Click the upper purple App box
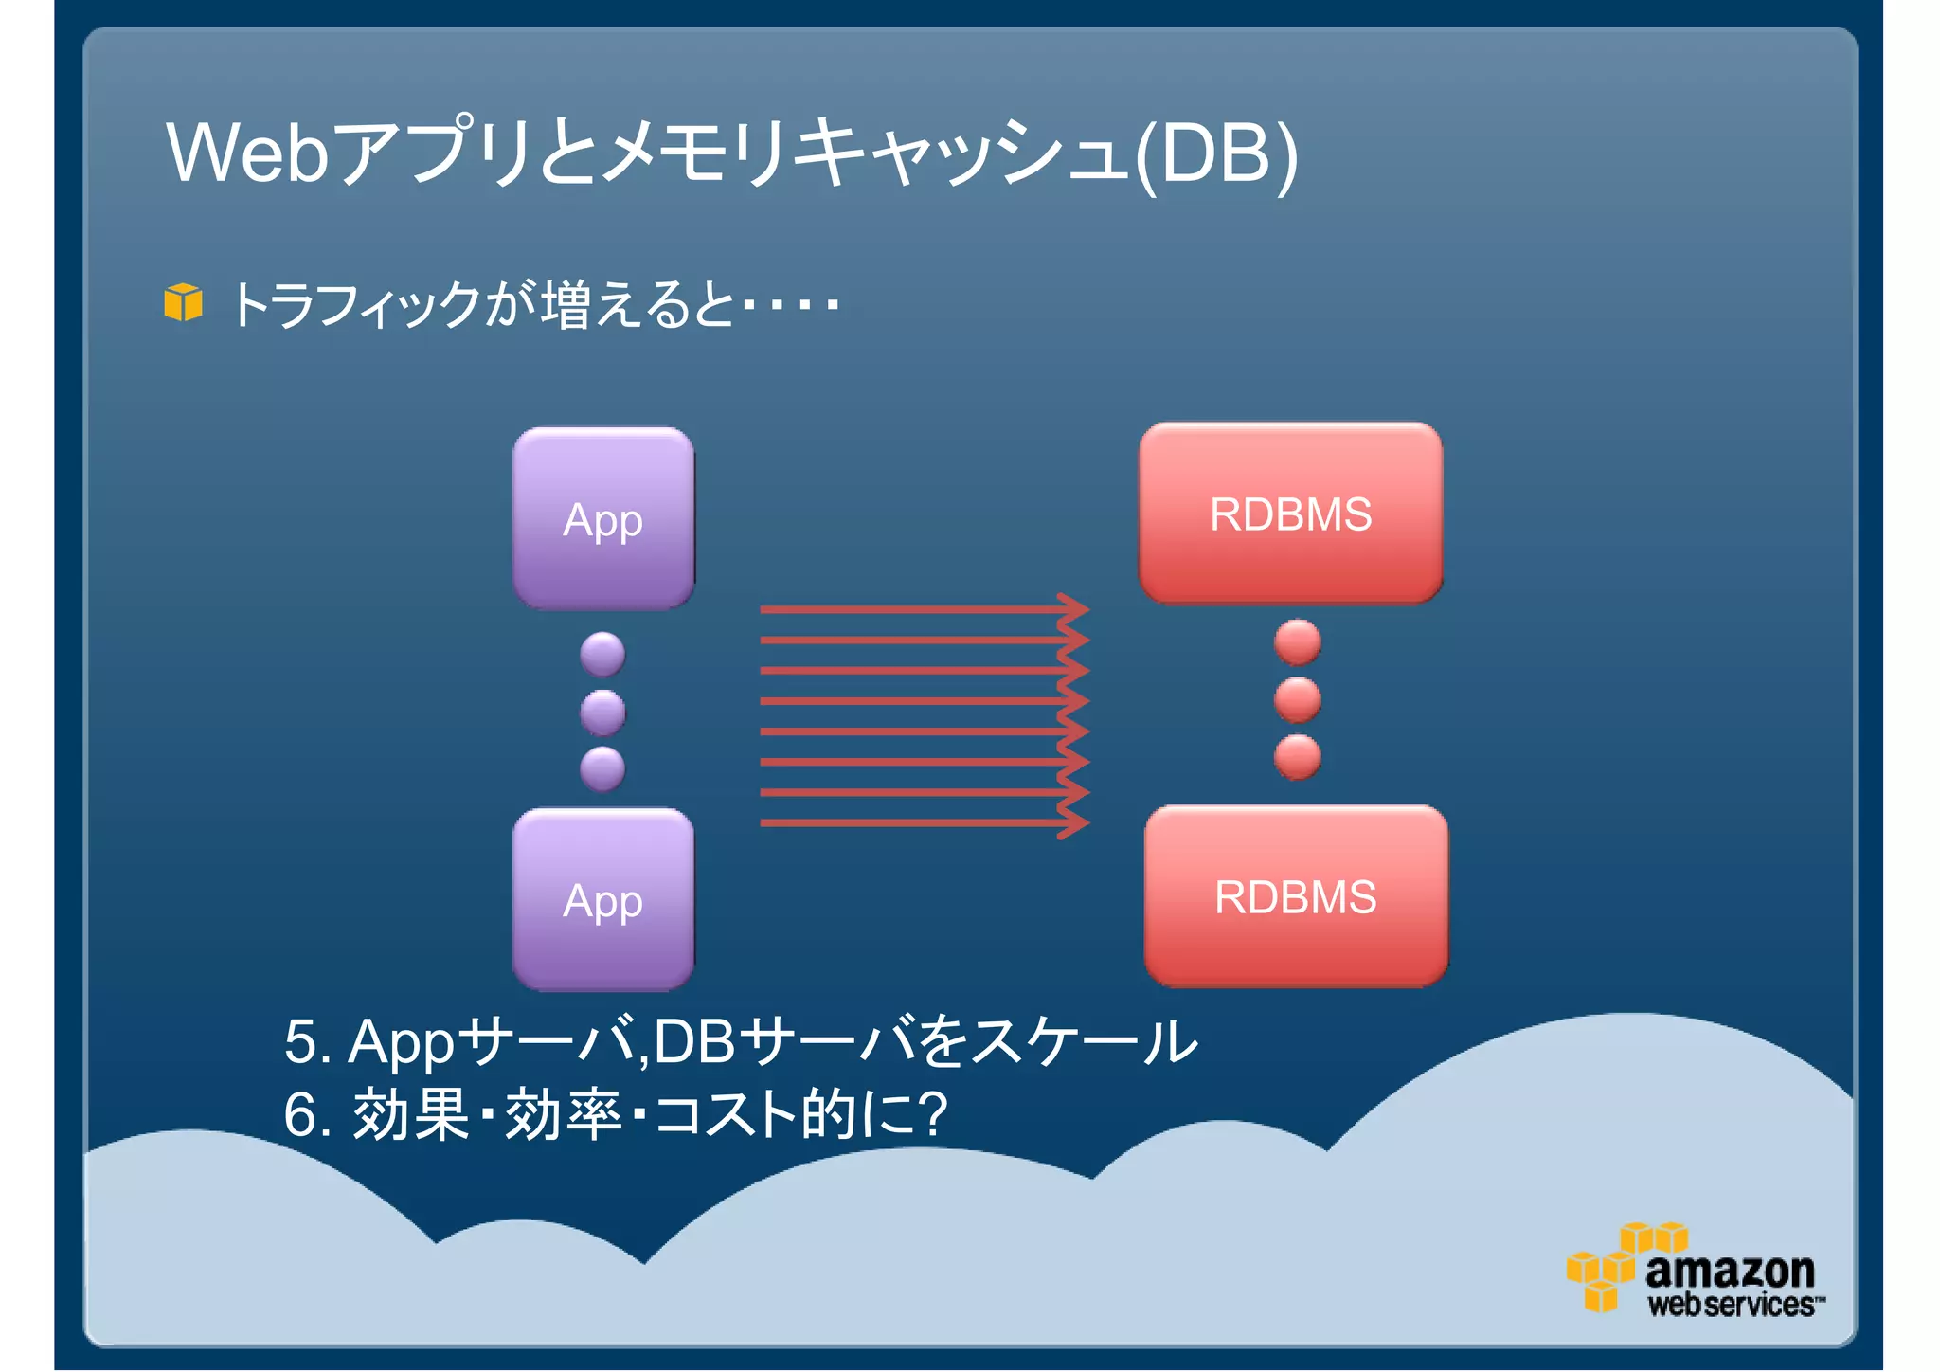pos(603,517)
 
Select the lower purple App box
pos(603,899)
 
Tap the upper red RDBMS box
pos(1290,513)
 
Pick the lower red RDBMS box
pos(1295,895)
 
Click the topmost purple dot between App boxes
pos(602,654)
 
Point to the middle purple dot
pos(602,712)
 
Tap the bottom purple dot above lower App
pos(602,768)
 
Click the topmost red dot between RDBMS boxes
pos(1297,641)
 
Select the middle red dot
pos(1297,699)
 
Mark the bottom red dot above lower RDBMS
pos(1297,757)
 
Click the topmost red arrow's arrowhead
pos(1076,609)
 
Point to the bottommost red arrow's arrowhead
pos(1076,822)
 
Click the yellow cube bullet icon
pos(183,303)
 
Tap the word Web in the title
pos(247,153)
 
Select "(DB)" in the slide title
pos(1216,154)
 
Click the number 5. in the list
pos(308,1042)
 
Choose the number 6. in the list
pos(308,1114)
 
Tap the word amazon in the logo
pos(1730,1270)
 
